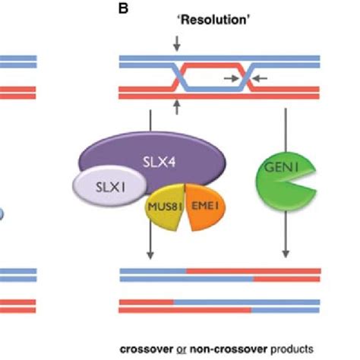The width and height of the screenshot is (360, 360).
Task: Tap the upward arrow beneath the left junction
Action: (177, 108)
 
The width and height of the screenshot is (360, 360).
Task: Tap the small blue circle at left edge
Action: (2, 216)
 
